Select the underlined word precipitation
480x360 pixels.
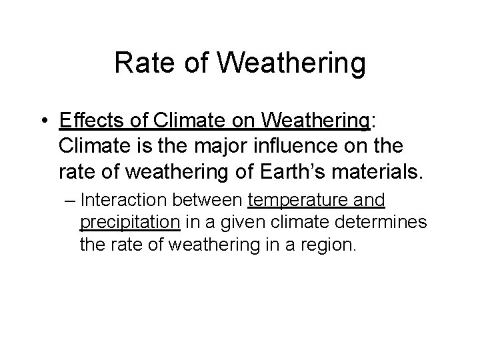[129, 223]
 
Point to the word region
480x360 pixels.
[328, 245]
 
